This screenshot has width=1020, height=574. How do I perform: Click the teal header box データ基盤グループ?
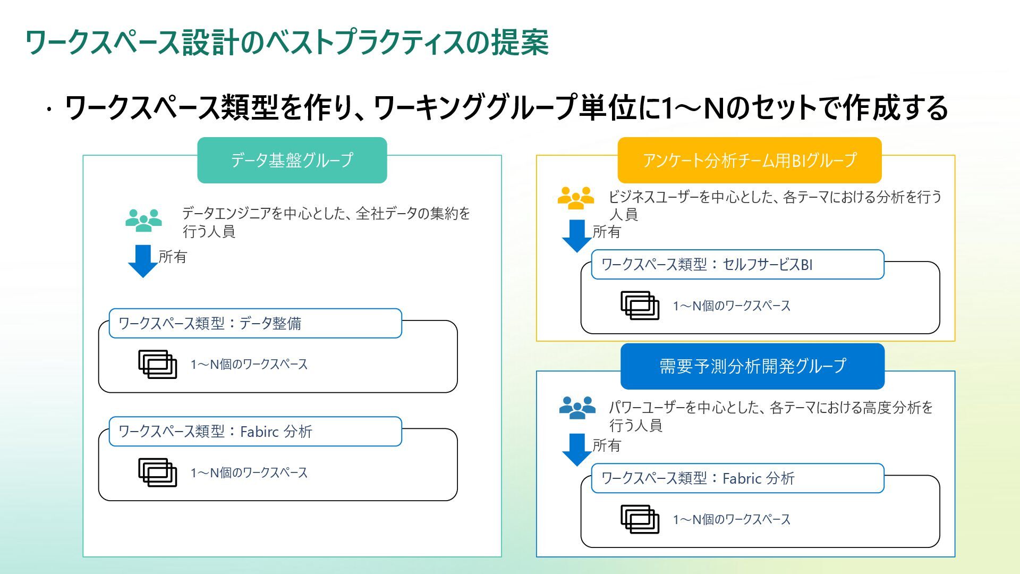pyautogui.click(x=292, y=160)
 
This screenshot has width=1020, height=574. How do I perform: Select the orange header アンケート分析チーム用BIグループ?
pyautogui.click(x=749, y=160)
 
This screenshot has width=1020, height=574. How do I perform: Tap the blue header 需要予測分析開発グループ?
pyautogui.click(x=752, y=366)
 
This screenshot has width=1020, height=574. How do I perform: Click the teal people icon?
pyautogui.click(x=143, y=220)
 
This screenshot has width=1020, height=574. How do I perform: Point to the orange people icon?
pyautogui.click(x=575, y=198)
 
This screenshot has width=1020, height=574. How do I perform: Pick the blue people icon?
pyautogui.click(x=577, y=408)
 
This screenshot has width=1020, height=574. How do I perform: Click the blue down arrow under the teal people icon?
pyautogui.click(x=143, y=260)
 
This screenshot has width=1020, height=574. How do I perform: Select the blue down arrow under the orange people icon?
pyautogui.click(x=576, y=235)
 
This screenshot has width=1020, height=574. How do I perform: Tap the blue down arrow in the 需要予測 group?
pyautogui.click(x=576, y=449)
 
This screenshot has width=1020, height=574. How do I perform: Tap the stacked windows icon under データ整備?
pyautogui.click(x=157, y=364)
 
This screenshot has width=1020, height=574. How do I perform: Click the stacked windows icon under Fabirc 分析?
pyautogui.click(x=157, y=472)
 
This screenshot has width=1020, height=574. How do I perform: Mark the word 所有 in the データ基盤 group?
pyautogui.click(x=173, y=257)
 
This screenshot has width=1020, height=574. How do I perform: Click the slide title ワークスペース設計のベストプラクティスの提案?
pyautogui.click(x=287, y=42)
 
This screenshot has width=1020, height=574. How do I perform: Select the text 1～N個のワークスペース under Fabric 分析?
pyautogui.click(x=732, y=519)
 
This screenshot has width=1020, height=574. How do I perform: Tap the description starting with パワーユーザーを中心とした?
pyautogui.click(x=770, y=416)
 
